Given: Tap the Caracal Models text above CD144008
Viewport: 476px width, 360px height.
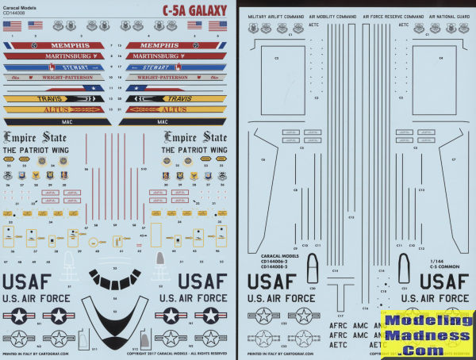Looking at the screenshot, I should pos(23,6).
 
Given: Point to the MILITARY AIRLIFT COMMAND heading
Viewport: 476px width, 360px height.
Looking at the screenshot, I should pos(275,16).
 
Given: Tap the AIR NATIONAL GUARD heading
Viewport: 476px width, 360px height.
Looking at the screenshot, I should pos(445,16).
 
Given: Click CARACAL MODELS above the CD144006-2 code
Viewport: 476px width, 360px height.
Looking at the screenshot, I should pos(278,255).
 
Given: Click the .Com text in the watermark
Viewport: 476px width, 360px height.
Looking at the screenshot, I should pos(428,349).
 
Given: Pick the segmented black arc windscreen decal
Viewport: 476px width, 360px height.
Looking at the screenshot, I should pos(116,277).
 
